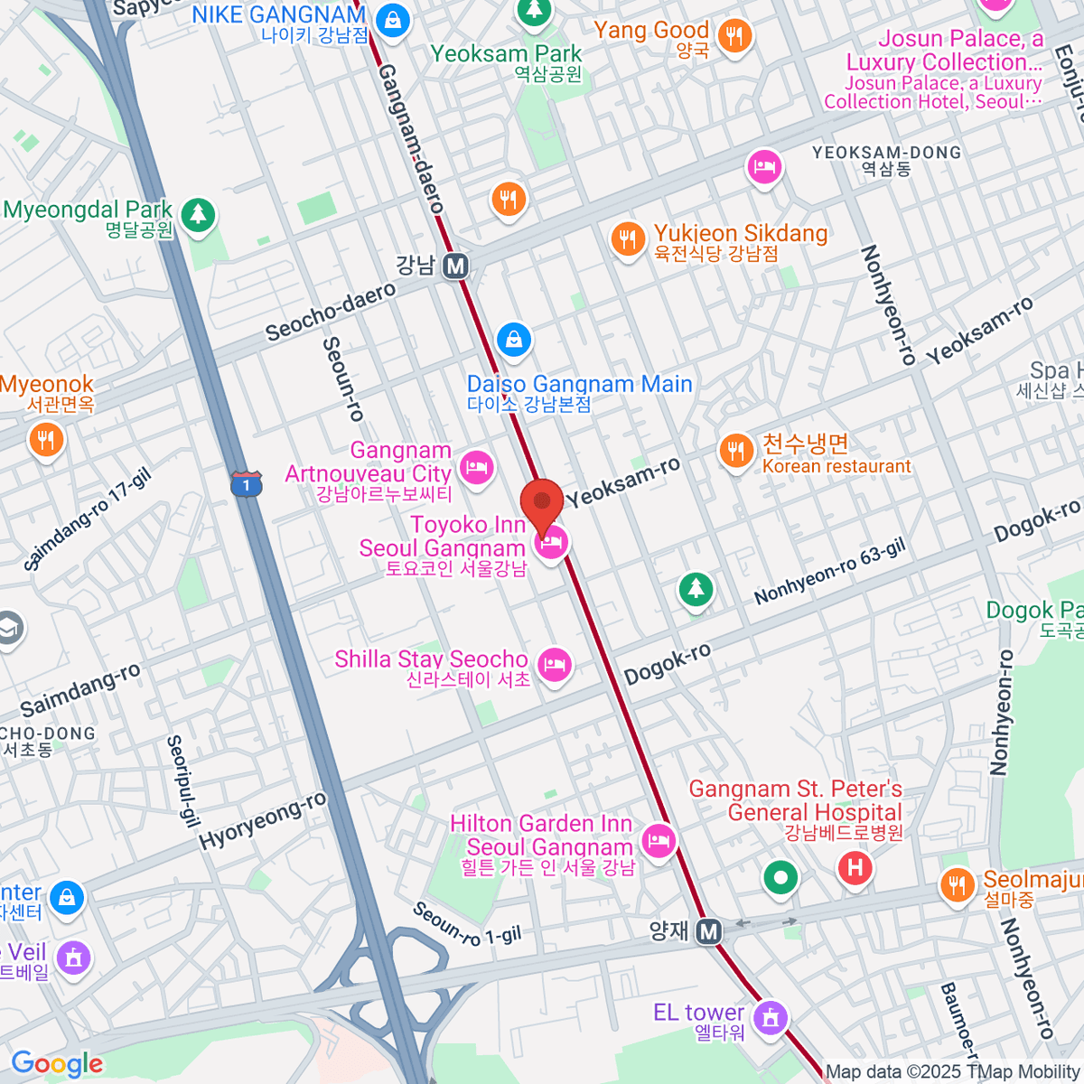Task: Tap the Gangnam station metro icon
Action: [x=456, y=266]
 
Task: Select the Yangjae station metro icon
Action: [x=709, y=931]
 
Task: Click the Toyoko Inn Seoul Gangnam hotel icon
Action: [x=552, y=542]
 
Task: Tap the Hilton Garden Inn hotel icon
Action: [x=659, y=842]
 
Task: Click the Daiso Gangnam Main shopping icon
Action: [x=513, y=340]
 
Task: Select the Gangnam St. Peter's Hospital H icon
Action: [x=855, y=868]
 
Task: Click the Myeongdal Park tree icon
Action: [x=198, y=214]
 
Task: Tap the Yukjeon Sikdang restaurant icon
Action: [x=627, y=238]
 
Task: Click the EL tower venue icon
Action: [x=770, y=1015]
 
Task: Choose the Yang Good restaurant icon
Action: [x=734, y=36]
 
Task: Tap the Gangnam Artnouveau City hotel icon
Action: [x=475, y=466]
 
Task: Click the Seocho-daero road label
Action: [x=331, y=312]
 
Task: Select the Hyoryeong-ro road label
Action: [x=263, y=820]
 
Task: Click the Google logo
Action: [x=57, y=1063]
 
